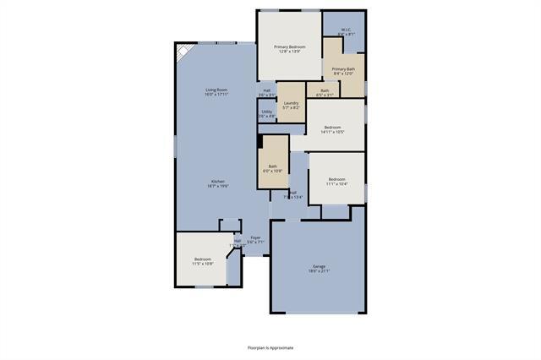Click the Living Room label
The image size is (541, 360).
pyautogui.click(x=216, y=90)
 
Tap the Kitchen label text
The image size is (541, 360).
pyautogui.click(x=218, y=181)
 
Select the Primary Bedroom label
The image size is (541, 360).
pyautogui.click(x=289, y=46)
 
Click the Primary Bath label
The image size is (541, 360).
pyautogui.click(x=343, y=68)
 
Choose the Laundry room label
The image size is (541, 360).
pyautogui.click(x=291, y=103)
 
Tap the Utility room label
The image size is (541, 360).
pyautogui.click(x=266, y=112)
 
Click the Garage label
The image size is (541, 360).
pyautogui.click(x=318, y=266)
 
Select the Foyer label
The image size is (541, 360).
pyautogui.click(x=254, y=238)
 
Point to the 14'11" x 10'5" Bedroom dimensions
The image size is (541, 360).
pyautogui.click(x=335, y=132)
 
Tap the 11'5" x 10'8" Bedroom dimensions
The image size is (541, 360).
pyautogui.click(x=203, y=264)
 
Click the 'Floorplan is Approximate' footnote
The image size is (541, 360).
pyautogui.click(x=270, y=346)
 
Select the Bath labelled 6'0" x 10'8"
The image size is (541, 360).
pyautogui.click(x=273, y=166)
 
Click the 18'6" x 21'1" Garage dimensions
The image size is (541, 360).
pyautogui.click(x=318, y=271)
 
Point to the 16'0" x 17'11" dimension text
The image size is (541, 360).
pyautogui.click(x=216, y=95)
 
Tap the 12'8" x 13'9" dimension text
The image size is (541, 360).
pyautogui.click(x=289, y=52)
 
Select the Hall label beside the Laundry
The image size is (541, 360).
pyautogui.click(x=266, y=90)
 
